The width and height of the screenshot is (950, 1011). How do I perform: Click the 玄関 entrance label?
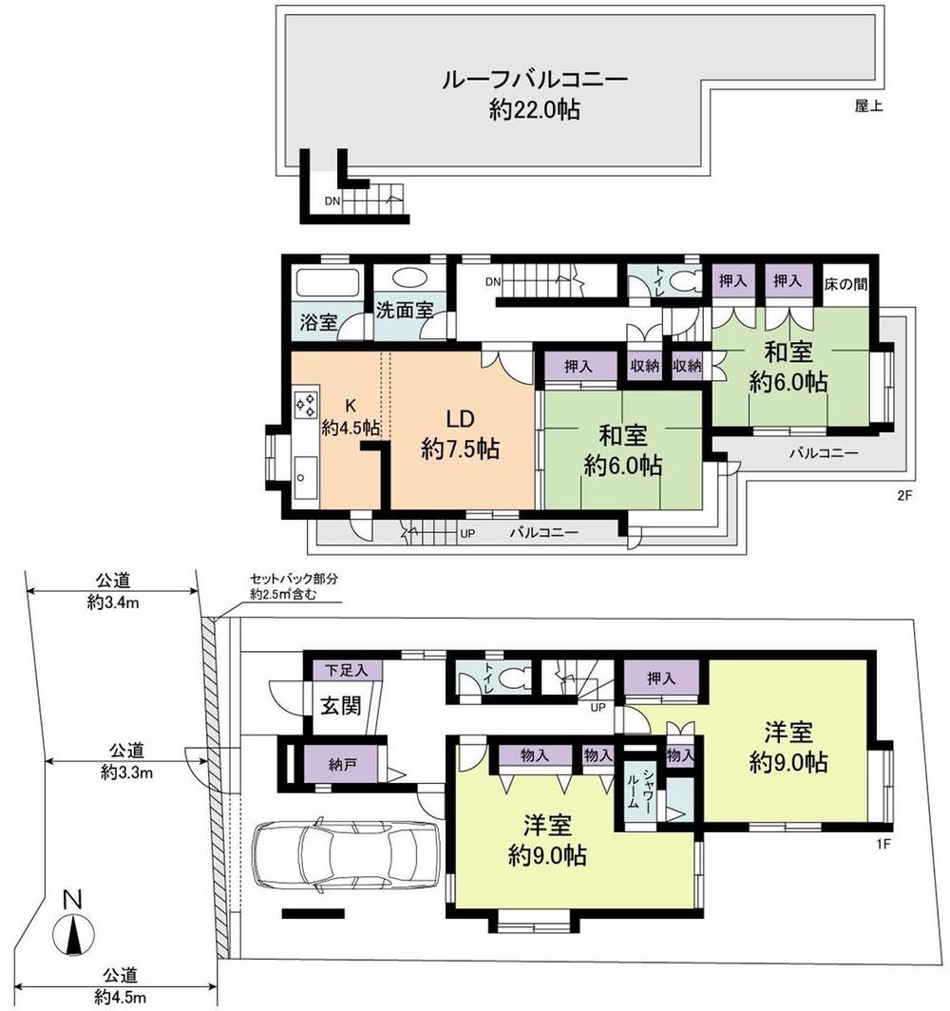coord(337,707)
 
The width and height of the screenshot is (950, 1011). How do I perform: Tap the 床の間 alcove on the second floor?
coord(845,282)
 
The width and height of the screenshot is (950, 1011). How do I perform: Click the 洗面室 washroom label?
coord(404,310)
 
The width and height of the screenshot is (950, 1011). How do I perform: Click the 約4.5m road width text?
coord(122,997)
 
